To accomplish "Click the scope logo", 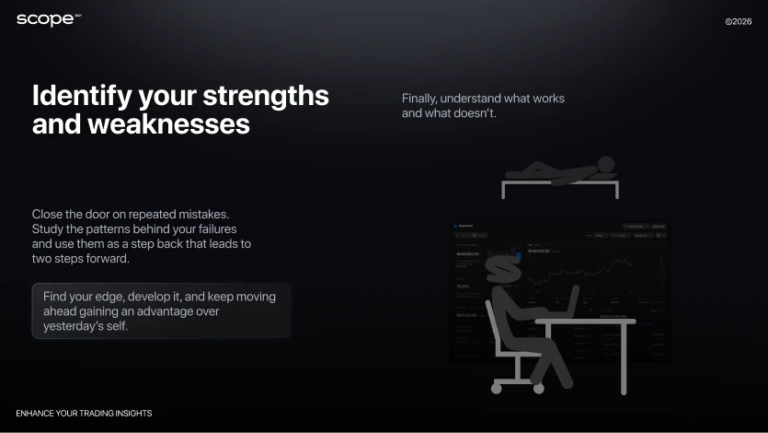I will click(x=46, y=19).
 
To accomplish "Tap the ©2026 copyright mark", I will click(x=738, y=20).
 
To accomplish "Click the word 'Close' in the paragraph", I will click(x=48, y=214).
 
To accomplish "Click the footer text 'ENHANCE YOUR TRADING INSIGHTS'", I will click(x=84, y=414).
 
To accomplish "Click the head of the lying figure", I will click(x=606, y=164).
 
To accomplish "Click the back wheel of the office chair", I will click(x=498, y=388).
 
